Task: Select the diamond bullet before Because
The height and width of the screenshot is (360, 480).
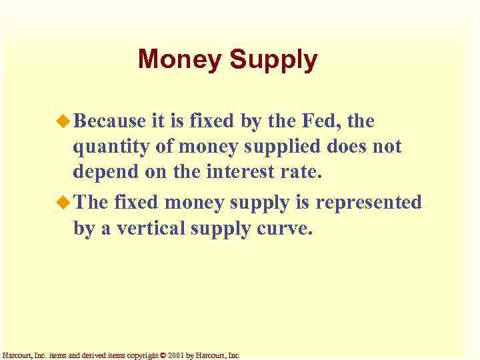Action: [x=63, y=121]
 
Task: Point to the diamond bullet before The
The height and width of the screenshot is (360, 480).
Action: [x=63, y=202]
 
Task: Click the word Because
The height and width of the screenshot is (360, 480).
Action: [x=109, y=121]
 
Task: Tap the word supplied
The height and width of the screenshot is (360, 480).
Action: [x=293, y=147]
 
